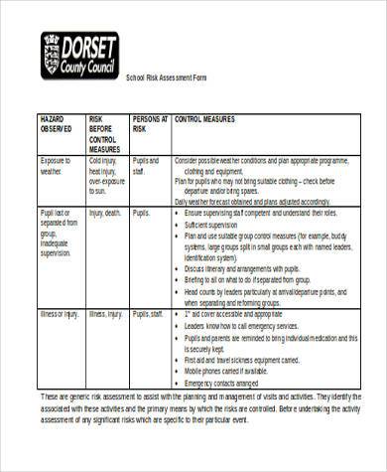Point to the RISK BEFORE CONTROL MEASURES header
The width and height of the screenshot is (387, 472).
click(x=105, y=133)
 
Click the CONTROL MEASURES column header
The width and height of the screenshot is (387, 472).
click(x=204, y=118)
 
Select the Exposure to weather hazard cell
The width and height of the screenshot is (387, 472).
click(x=56, y=164)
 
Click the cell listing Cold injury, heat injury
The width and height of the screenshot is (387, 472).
click(x=106, y=172)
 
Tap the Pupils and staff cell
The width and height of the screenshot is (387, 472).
click(x=147, y=164)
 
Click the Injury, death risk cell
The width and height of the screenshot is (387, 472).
click(x=105, y=213)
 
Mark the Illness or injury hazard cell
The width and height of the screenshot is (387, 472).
click(x=59, y=315)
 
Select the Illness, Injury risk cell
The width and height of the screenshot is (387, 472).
click(x=105, y=315)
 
